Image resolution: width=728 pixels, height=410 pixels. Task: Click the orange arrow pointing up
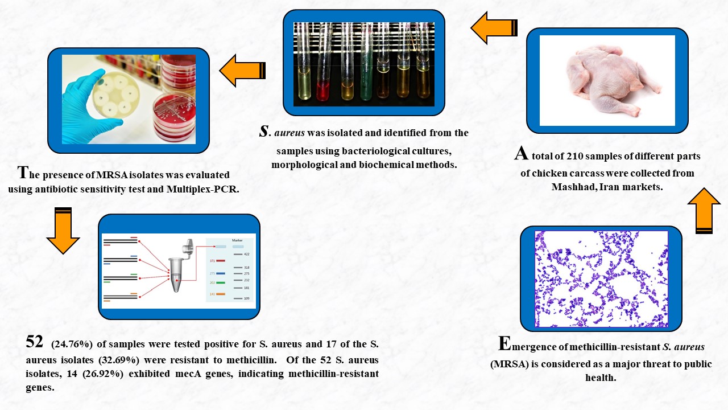click(x=704, y=211)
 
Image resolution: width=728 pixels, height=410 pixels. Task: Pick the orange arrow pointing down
click(x=63, y=231)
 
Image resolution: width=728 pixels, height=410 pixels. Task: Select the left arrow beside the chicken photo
click(x=494, y=28)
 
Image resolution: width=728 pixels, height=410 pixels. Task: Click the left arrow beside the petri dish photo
click(x=242, y=71)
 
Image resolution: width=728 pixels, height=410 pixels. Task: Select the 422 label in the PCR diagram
click(x=246, y=254)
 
